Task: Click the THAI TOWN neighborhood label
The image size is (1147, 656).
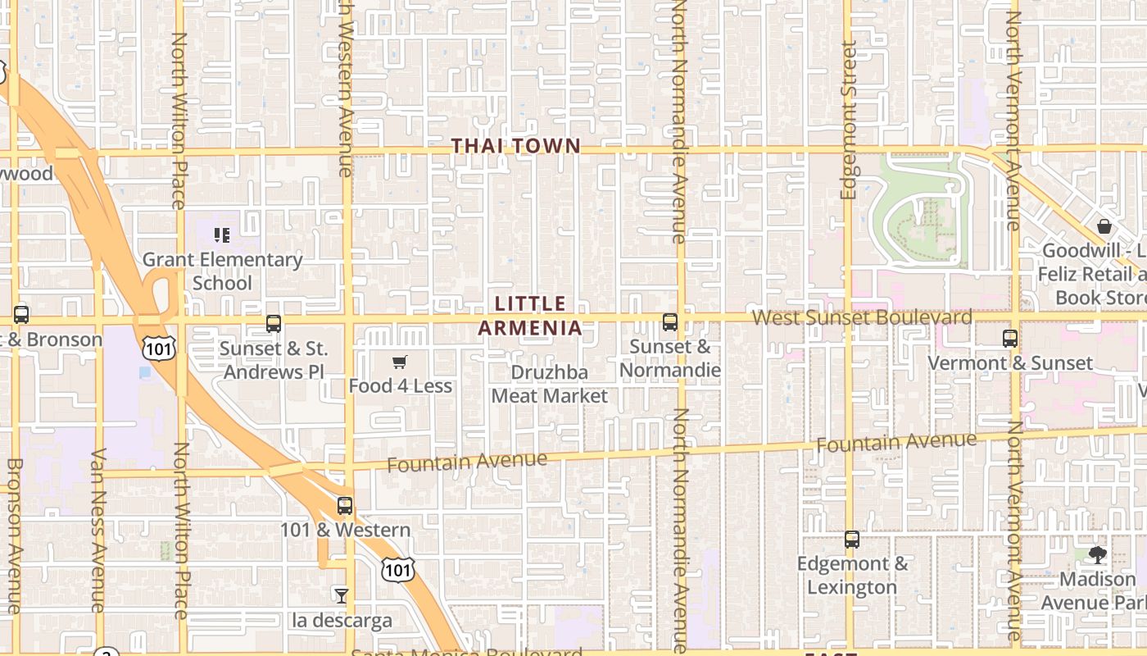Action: click(516, 146)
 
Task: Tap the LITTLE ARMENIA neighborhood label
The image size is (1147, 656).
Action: click(530, 316)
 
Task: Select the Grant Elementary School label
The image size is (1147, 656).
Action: click(222, 271)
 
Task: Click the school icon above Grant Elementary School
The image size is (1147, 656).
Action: click(221, 236)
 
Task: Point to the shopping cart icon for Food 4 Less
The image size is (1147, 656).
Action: click(400, 362)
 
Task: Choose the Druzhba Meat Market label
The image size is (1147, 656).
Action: click(550, 384)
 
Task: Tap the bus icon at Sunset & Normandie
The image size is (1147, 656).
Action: click(670, 322)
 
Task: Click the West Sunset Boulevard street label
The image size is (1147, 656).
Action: click(862, 317)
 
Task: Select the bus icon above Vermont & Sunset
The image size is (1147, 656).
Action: click(1009, 338)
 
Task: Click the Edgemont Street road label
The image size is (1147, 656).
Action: click(848, 121)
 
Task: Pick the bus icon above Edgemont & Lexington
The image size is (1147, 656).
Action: click(852, 540)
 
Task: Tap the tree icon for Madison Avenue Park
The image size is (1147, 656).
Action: click(1097, 555)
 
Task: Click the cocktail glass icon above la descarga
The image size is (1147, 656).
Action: click(342, 595)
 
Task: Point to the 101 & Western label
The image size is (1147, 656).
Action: click(345, 530)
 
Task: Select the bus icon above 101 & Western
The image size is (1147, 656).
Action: click(345, 505)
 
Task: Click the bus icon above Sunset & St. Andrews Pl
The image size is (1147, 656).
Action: click(274, 324)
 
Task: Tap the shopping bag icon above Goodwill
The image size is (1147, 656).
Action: click(1104, 226)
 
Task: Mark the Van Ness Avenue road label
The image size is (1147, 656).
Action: click(98, 530)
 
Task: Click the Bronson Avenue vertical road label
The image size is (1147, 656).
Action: click(14, 535)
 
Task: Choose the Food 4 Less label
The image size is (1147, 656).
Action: click(400, 385)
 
